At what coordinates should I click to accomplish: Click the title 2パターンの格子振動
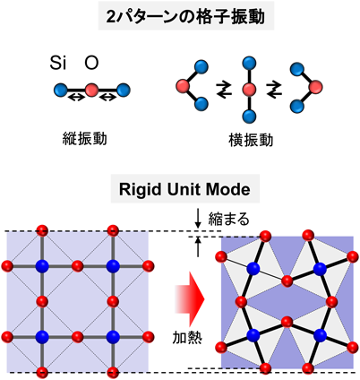coord(185,16)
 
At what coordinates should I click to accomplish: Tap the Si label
coord(58,63)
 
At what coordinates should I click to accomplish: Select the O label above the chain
coord(91,63)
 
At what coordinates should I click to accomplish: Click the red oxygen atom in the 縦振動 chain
coord(92,90)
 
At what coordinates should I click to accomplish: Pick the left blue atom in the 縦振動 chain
coord(61,90)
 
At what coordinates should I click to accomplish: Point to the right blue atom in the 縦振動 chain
coord(124,90)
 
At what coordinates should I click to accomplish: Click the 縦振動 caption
coord(85,139)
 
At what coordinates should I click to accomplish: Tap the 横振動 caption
coord(251,141)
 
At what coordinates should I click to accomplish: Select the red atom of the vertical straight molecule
coord(249,89)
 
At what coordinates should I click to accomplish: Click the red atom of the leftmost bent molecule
coord(184,86)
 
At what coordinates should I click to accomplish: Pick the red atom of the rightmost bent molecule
coord(315,87)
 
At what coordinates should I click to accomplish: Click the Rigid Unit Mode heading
coord(184,189)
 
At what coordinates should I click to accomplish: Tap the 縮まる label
coord(228,220)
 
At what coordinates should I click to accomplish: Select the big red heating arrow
coord(190,298)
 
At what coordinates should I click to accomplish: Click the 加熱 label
coord(187,338)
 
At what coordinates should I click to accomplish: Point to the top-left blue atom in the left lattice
coord(42,266)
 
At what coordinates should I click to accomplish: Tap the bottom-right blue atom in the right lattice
coord(320,335)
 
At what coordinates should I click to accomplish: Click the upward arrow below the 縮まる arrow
coord(198,246)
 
